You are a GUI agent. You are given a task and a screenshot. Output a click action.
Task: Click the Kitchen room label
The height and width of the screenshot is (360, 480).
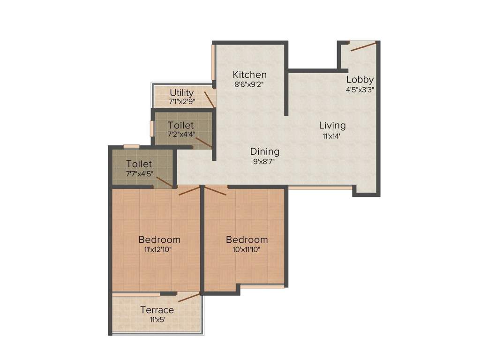pos(250,75)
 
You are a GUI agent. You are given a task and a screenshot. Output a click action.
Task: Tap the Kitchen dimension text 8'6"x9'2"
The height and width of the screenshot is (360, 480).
pos(250,85)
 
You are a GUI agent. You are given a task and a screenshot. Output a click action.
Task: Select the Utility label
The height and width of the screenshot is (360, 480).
pos(182,92)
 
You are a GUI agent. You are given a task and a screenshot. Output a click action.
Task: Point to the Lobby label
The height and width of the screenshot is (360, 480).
pos(360,79)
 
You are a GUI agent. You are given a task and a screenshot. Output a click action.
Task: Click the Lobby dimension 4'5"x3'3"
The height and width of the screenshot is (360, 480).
pos(360,89)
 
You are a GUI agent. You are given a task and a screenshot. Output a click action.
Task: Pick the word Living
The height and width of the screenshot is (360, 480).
pos(332,126)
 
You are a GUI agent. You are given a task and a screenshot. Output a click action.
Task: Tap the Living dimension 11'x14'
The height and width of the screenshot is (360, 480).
pos(332,136)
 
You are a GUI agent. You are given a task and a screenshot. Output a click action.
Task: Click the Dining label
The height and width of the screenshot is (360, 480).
pos(264,151)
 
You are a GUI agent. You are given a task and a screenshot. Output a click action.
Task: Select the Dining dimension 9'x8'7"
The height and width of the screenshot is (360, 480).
pos(264,162)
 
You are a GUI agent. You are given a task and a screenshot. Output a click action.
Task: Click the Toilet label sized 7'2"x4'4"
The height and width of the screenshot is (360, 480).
pos(181,126)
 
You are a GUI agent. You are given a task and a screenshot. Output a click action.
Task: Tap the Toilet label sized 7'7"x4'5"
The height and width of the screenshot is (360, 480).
pos(139,164)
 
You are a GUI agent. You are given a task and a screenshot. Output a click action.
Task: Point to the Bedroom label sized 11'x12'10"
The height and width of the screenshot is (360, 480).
pos(159,240)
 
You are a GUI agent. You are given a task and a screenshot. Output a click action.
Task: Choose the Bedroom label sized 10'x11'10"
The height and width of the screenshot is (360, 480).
pos(247,240)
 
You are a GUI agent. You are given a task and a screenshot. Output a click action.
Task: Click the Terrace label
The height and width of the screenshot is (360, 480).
pos(157,310)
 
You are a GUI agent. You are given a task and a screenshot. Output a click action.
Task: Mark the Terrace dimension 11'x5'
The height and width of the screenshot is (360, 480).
pos(157,320)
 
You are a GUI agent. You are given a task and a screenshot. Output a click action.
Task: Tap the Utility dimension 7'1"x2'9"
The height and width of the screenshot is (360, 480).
pos(182,101)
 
